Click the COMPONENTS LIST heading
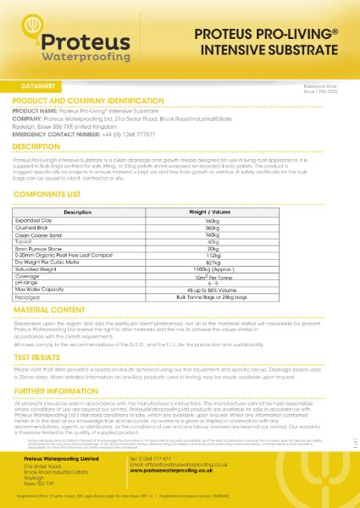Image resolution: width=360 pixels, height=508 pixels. pyautogui.click(x=53, y=195)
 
